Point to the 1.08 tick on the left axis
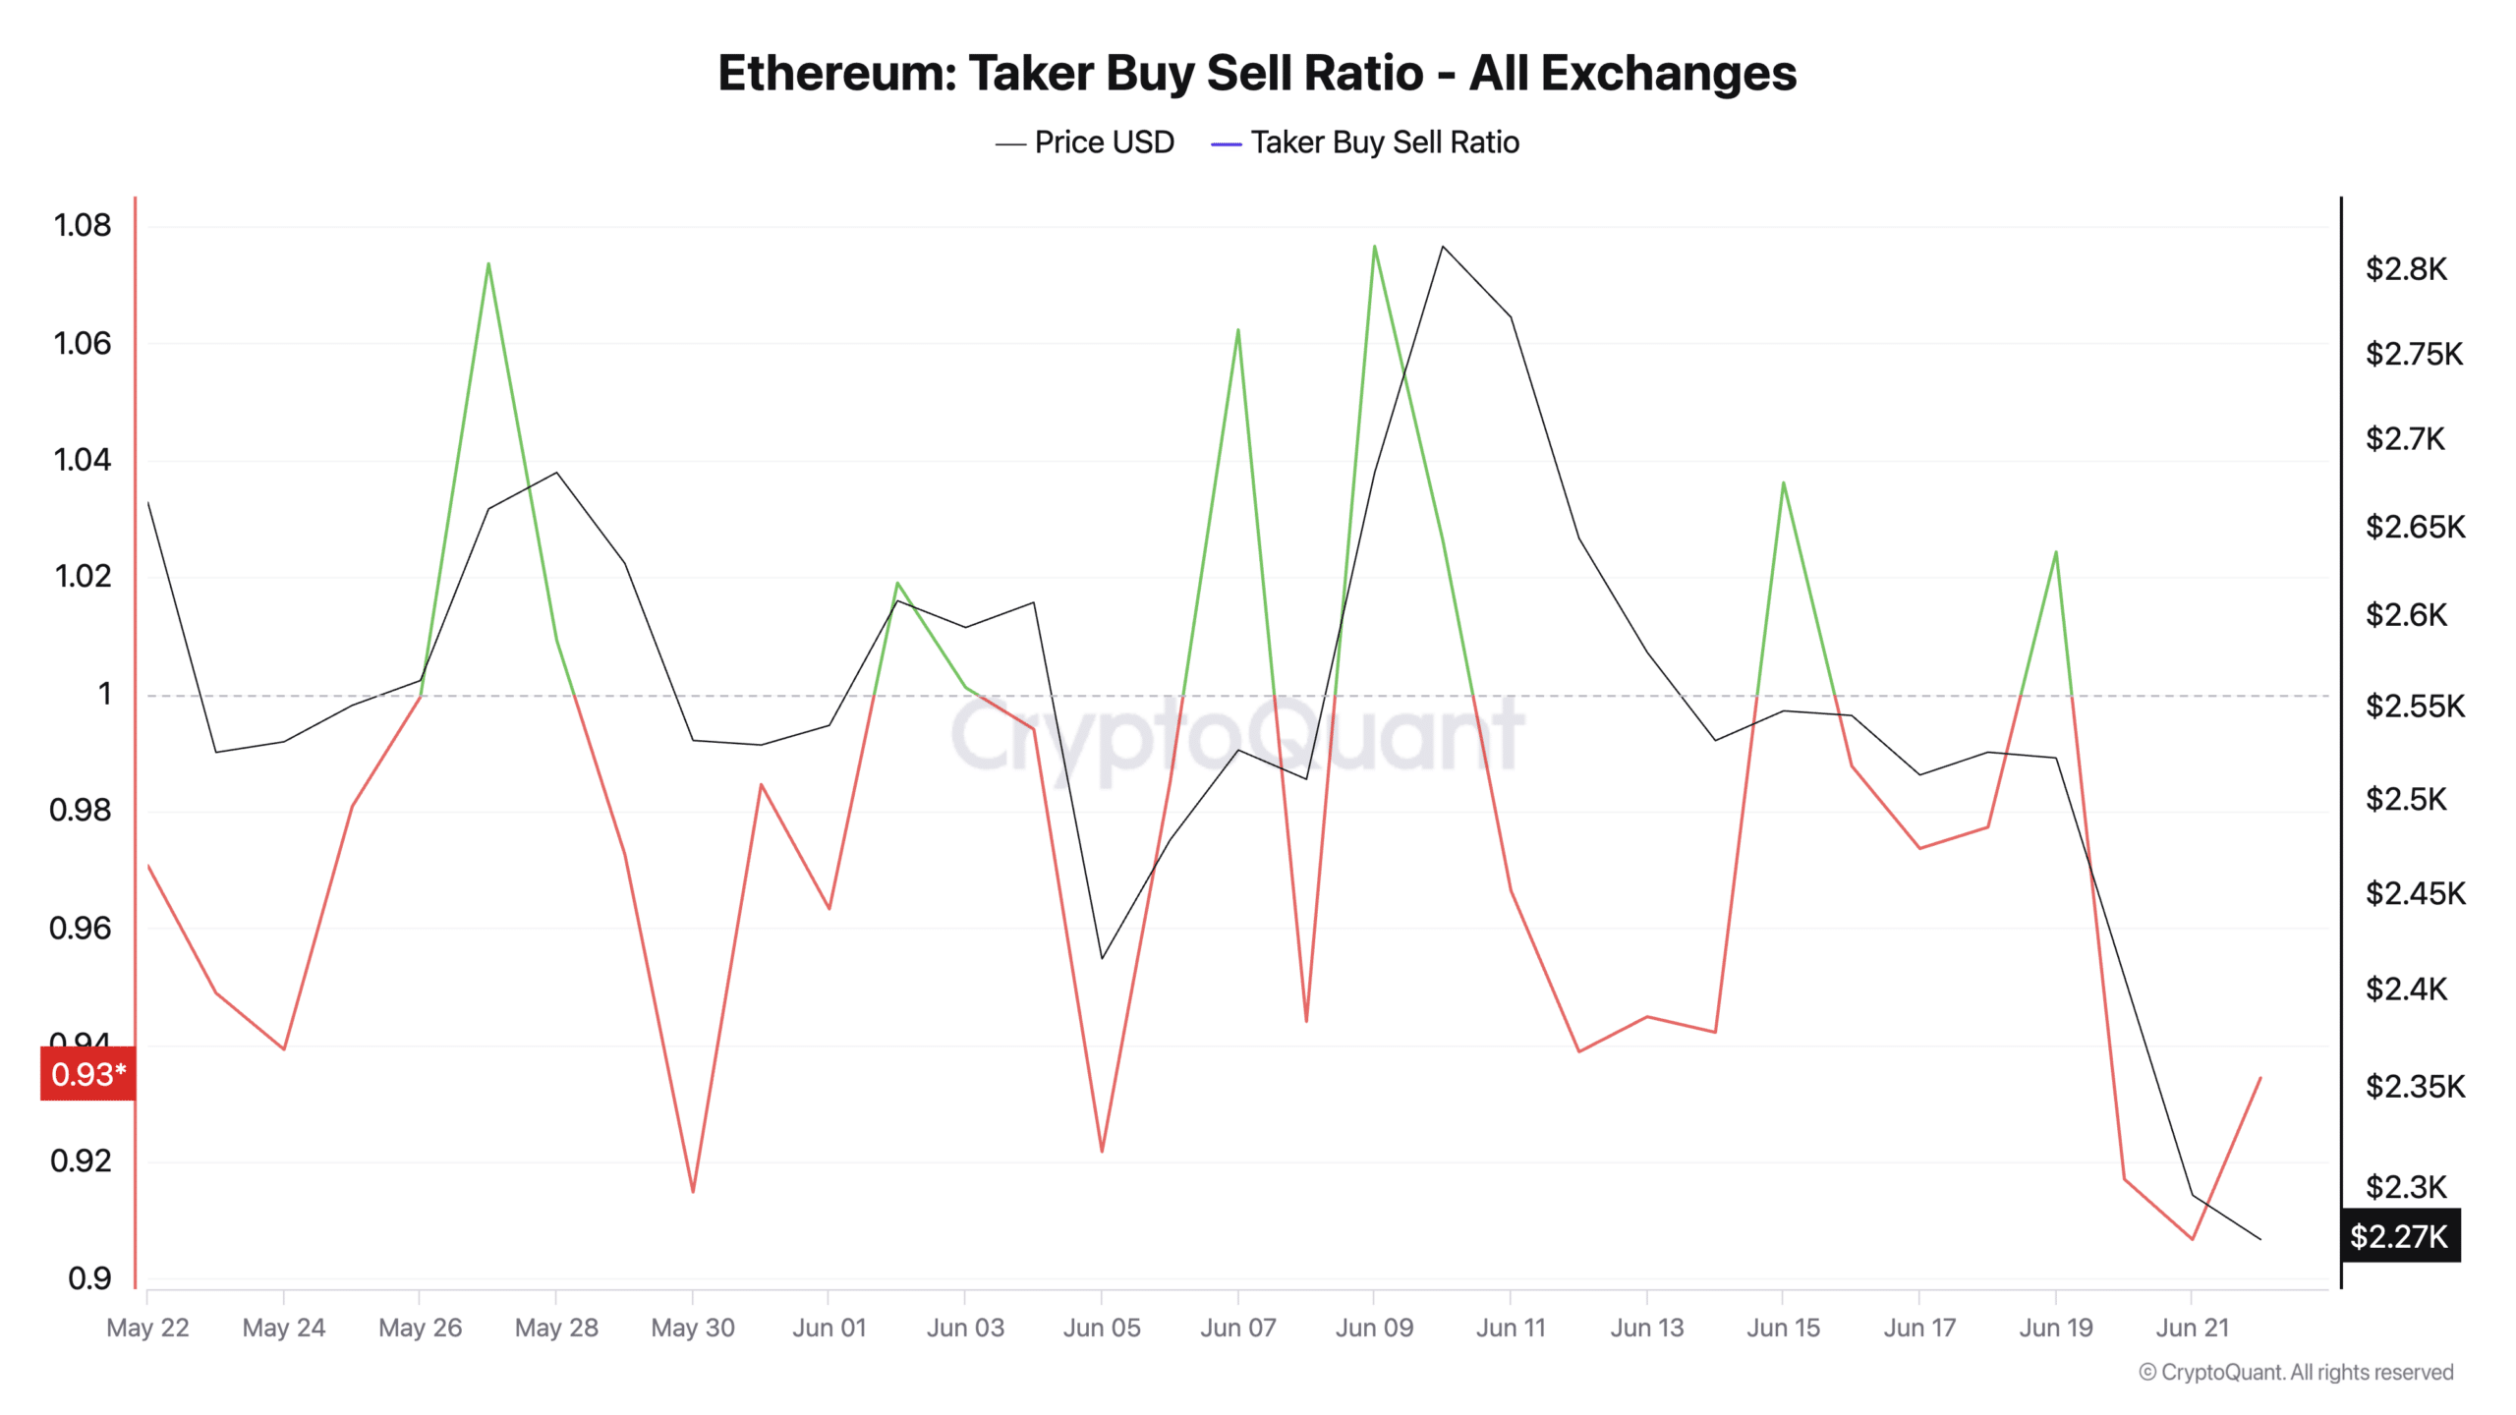click(83, 225)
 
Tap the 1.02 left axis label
click(83, 576)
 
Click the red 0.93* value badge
click(87, 1074)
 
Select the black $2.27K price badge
click(2399, 1235)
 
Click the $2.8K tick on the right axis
click(2406, 268)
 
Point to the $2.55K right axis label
click(2415, 706)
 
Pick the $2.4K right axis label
click(2406, 989)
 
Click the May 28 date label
click(556, 1328)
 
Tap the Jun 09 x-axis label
click(1374, 1328)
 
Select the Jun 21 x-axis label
click(2192, 1328)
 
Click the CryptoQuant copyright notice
click(2296, 1372)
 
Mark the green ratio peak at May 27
click(488, 263)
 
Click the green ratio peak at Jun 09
click(1374, 246)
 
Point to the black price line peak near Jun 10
click(1442, 246)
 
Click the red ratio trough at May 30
click(693, 1192)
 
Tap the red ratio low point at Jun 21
click(2192, 1239)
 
